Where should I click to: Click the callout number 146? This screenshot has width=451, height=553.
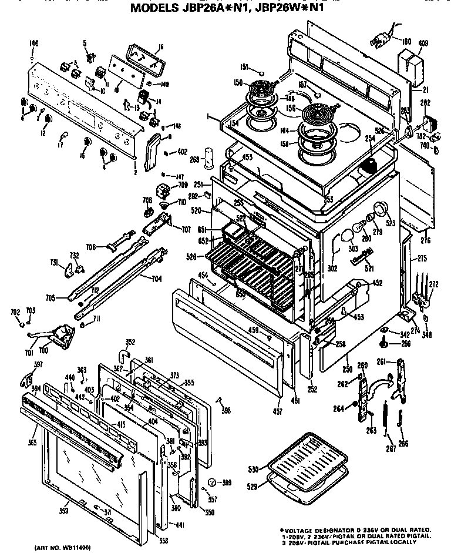tap(33, 44)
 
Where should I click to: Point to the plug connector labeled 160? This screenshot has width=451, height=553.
tap(379, 41)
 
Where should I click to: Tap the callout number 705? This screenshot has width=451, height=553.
tap(52, 298)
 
